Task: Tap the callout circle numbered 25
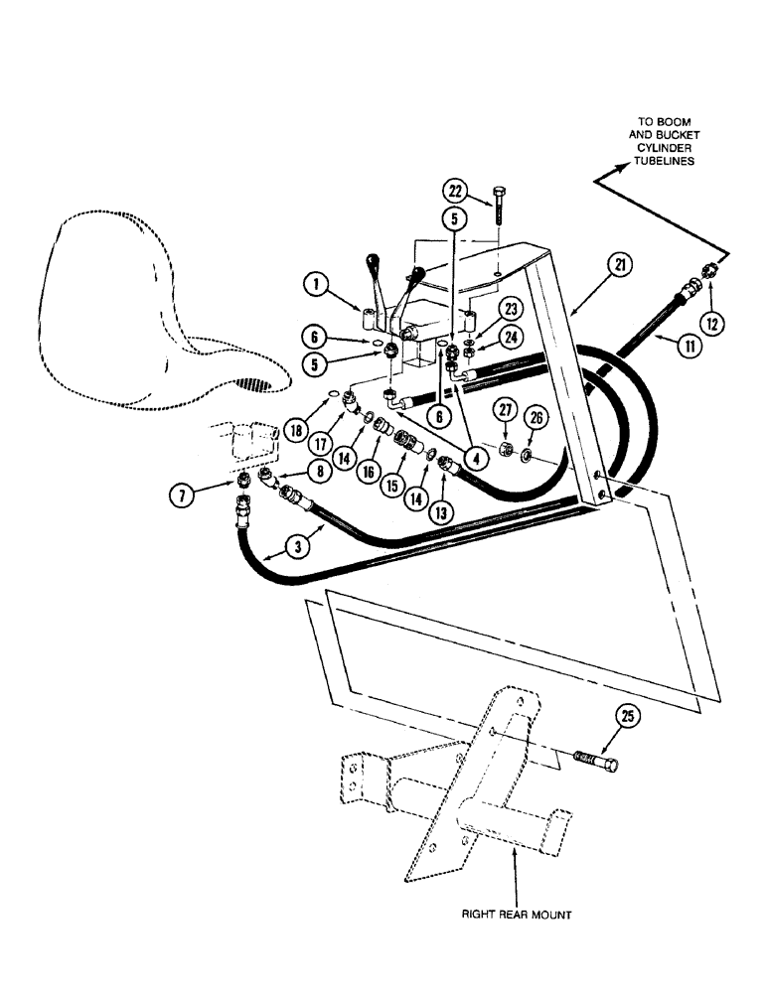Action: (631, 717)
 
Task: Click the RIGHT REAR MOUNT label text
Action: (514, 916)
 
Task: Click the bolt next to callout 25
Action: (592, 767)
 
